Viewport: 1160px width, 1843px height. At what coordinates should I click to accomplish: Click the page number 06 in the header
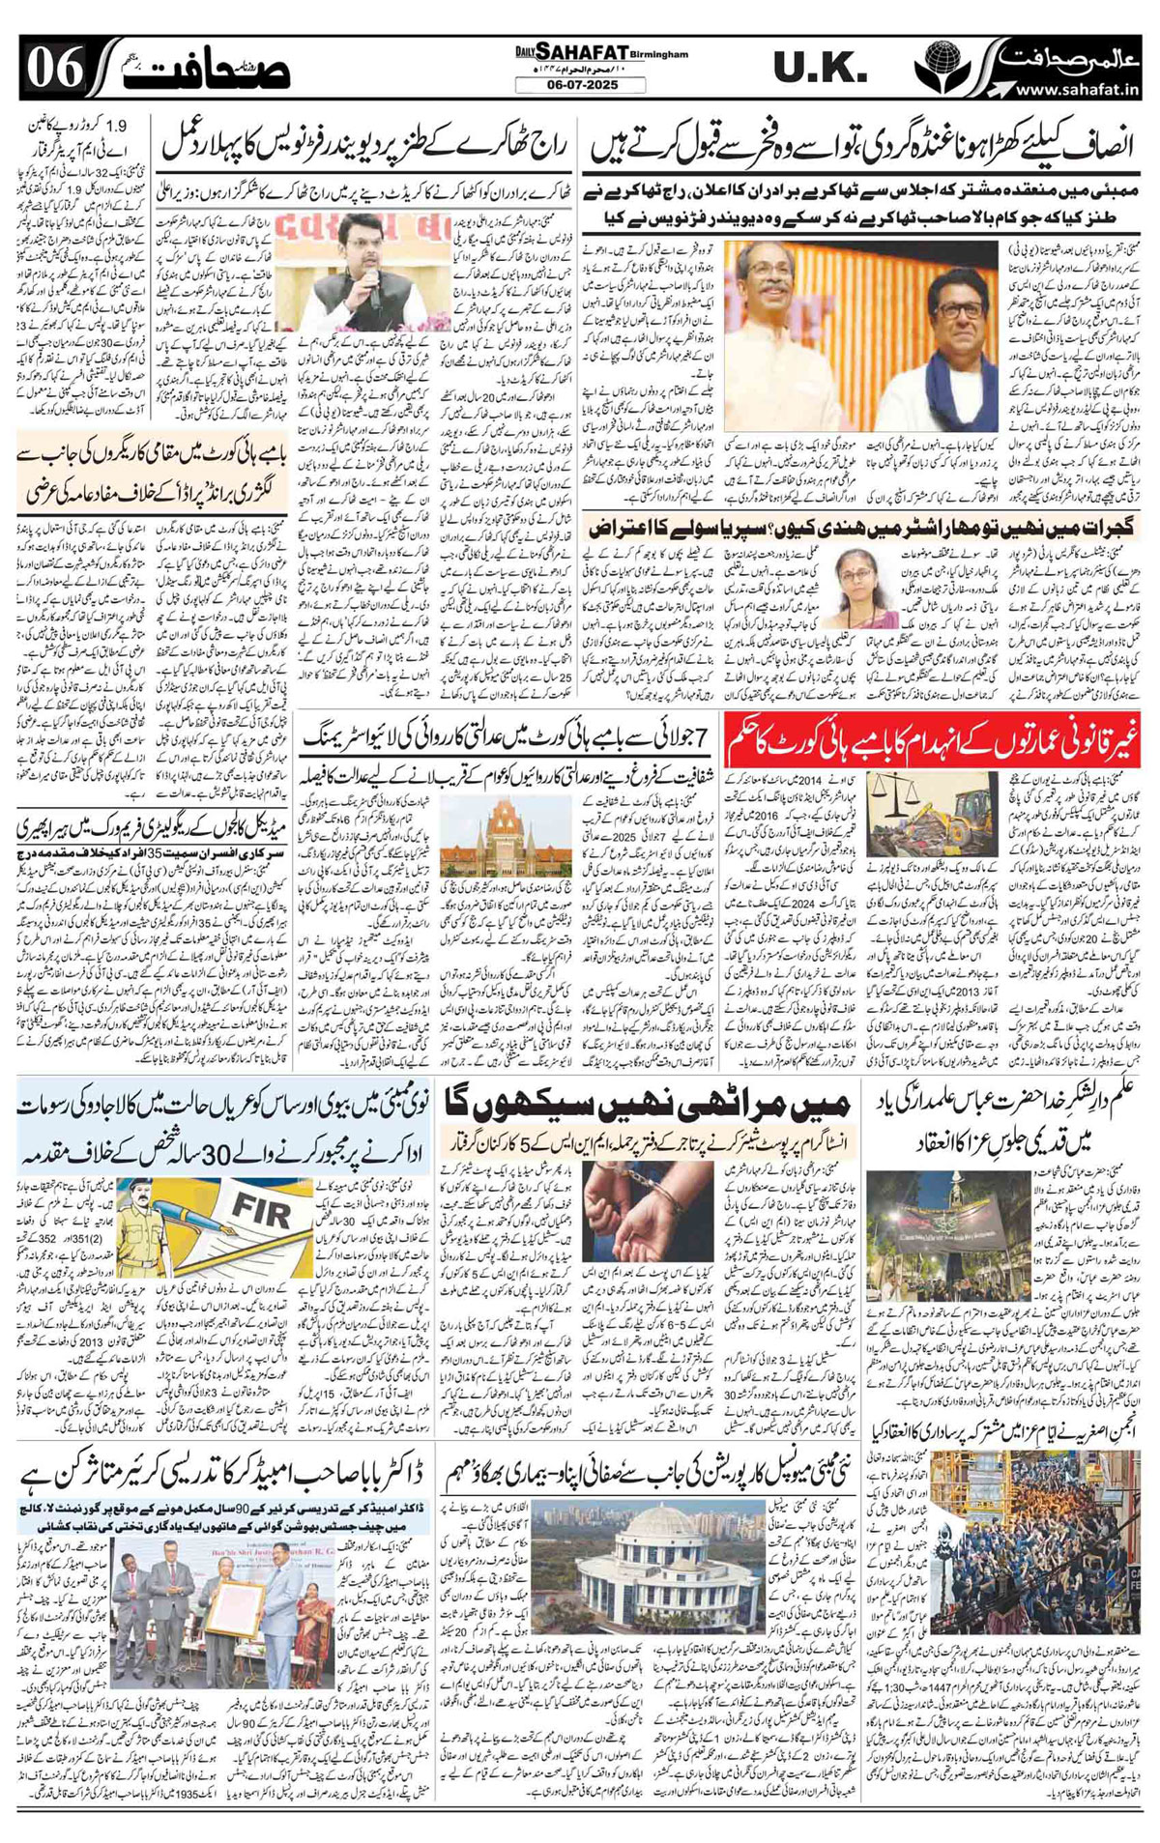click(x=54, y=68)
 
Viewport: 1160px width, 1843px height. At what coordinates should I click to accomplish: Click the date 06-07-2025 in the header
click(x=580, y=85)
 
